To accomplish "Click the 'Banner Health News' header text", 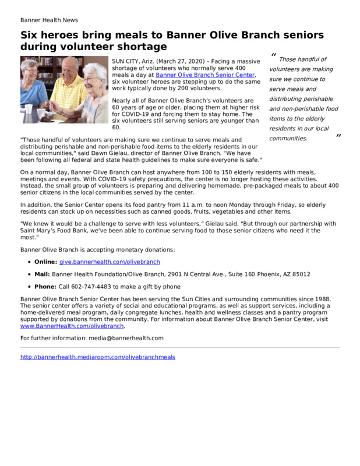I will coord(49,20).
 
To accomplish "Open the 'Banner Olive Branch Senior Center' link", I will coord(205,75).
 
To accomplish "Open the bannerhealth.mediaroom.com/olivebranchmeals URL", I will coord(97,357).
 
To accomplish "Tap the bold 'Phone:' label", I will coord(45,287).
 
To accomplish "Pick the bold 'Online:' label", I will coord(46,262).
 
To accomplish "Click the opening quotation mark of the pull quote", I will coord(273,56).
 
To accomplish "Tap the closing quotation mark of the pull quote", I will coord(338,136).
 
